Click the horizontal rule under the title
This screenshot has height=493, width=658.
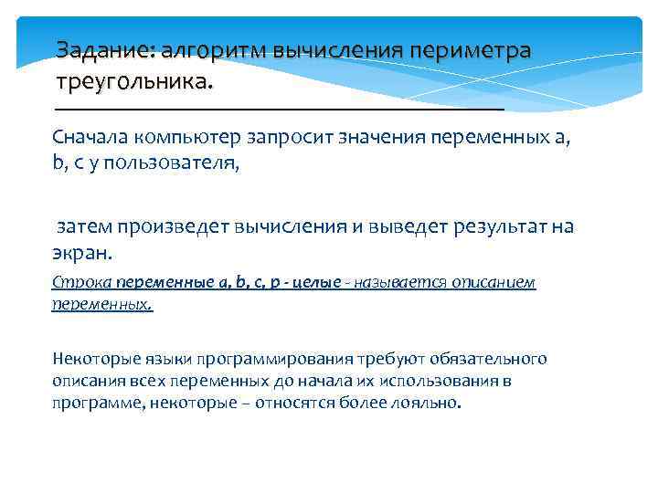(279, 109)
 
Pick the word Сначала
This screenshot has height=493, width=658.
(89, 138)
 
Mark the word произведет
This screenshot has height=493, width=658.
(173, 226)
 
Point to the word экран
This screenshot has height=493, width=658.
(81, 253)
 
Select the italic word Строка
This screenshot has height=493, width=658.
(74, 282)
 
